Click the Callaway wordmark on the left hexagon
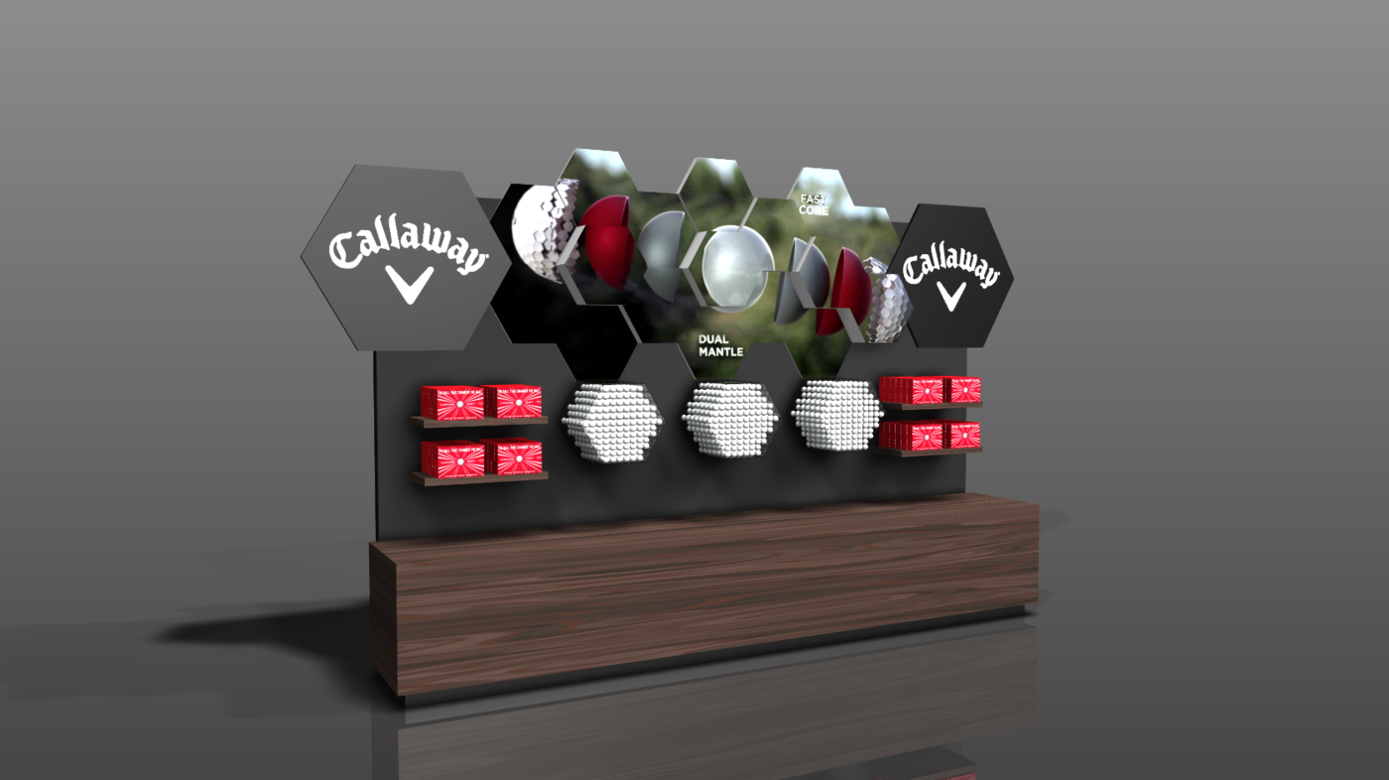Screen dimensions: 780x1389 point(408,250)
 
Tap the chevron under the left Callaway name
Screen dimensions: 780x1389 point(410,286)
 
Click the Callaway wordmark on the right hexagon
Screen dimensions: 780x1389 point(949,266)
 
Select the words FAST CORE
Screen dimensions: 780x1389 point(814,204)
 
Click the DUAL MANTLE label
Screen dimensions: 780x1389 point(720,345)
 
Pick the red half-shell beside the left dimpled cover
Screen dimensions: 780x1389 point(607,242)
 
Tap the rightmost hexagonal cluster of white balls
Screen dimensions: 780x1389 point(837,415)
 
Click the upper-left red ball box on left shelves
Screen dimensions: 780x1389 point(451,402)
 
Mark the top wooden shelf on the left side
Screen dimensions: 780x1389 point(479,422)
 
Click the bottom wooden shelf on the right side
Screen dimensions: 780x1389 point(929,451)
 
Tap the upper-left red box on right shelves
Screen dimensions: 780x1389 point(911,389)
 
